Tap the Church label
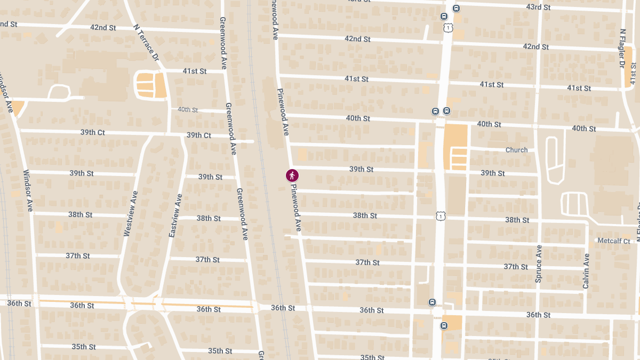coord(516,150)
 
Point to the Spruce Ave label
coord(539,263)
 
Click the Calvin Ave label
coord(586,271)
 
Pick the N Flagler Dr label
coord(622,48)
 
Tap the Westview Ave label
coord(131,213)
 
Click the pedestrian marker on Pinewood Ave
coord(292,175)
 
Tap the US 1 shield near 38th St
coord(440,215)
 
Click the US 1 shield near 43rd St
coord(447,27)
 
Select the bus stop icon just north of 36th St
coord(432,302)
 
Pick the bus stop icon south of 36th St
coord(444,325)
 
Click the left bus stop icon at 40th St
coord(435,111)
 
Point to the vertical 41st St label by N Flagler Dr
coord(633,75)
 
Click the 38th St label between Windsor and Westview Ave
coord(80,214)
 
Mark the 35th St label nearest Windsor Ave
coord(83,347)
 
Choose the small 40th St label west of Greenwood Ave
coord(188,109)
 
